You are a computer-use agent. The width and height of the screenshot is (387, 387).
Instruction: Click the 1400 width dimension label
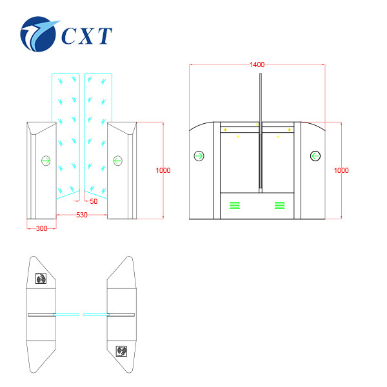point(257,64)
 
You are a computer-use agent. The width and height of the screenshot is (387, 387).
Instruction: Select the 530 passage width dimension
point(82,215)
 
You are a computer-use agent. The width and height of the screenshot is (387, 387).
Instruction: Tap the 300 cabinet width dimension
point(41,228)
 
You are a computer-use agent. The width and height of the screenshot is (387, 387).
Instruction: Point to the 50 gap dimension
point(94,201)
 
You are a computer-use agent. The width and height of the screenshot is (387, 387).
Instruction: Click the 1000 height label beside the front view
point(163,170)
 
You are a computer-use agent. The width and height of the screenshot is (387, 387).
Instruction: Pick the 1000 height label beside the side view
point(341,170)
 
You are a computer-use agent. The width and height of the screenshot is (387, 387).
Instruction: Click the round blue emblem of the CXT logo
point(38,34)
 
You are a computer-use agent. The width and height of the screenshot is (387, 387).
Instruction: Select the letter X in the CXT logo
point(87,35)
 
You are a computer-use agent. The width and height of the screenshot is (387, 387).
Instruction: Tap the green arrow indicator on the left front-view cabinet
point(46,161)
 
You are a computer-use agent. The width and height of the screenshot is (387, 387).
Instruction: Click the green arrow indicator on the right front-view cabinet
point(118,161)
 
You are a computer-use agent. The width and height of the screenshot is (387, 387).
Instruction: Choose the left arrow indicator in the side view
point(199,156)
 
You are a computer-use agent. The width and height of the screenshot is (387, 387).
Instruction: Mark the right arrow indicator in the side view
point(315,156)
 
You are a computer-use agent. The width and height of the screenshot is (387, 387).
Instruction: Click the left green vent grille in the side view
point(235,205)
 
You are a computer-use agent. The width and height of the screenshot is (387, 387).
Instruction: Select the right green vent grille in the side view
point(280,205)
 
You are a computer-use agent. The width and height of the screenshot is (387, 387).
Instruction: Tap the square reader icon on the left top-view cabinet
point(41,279)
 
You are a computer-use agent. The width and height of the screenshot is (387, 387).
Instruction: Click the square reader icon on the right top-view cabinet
point(121,352)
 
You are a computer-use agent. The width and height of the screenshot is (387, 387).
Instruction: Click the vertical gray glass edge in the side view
point(261,133)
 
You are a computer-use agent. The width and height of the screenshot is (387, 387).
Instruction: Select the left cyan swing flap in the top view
point(66,315)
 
